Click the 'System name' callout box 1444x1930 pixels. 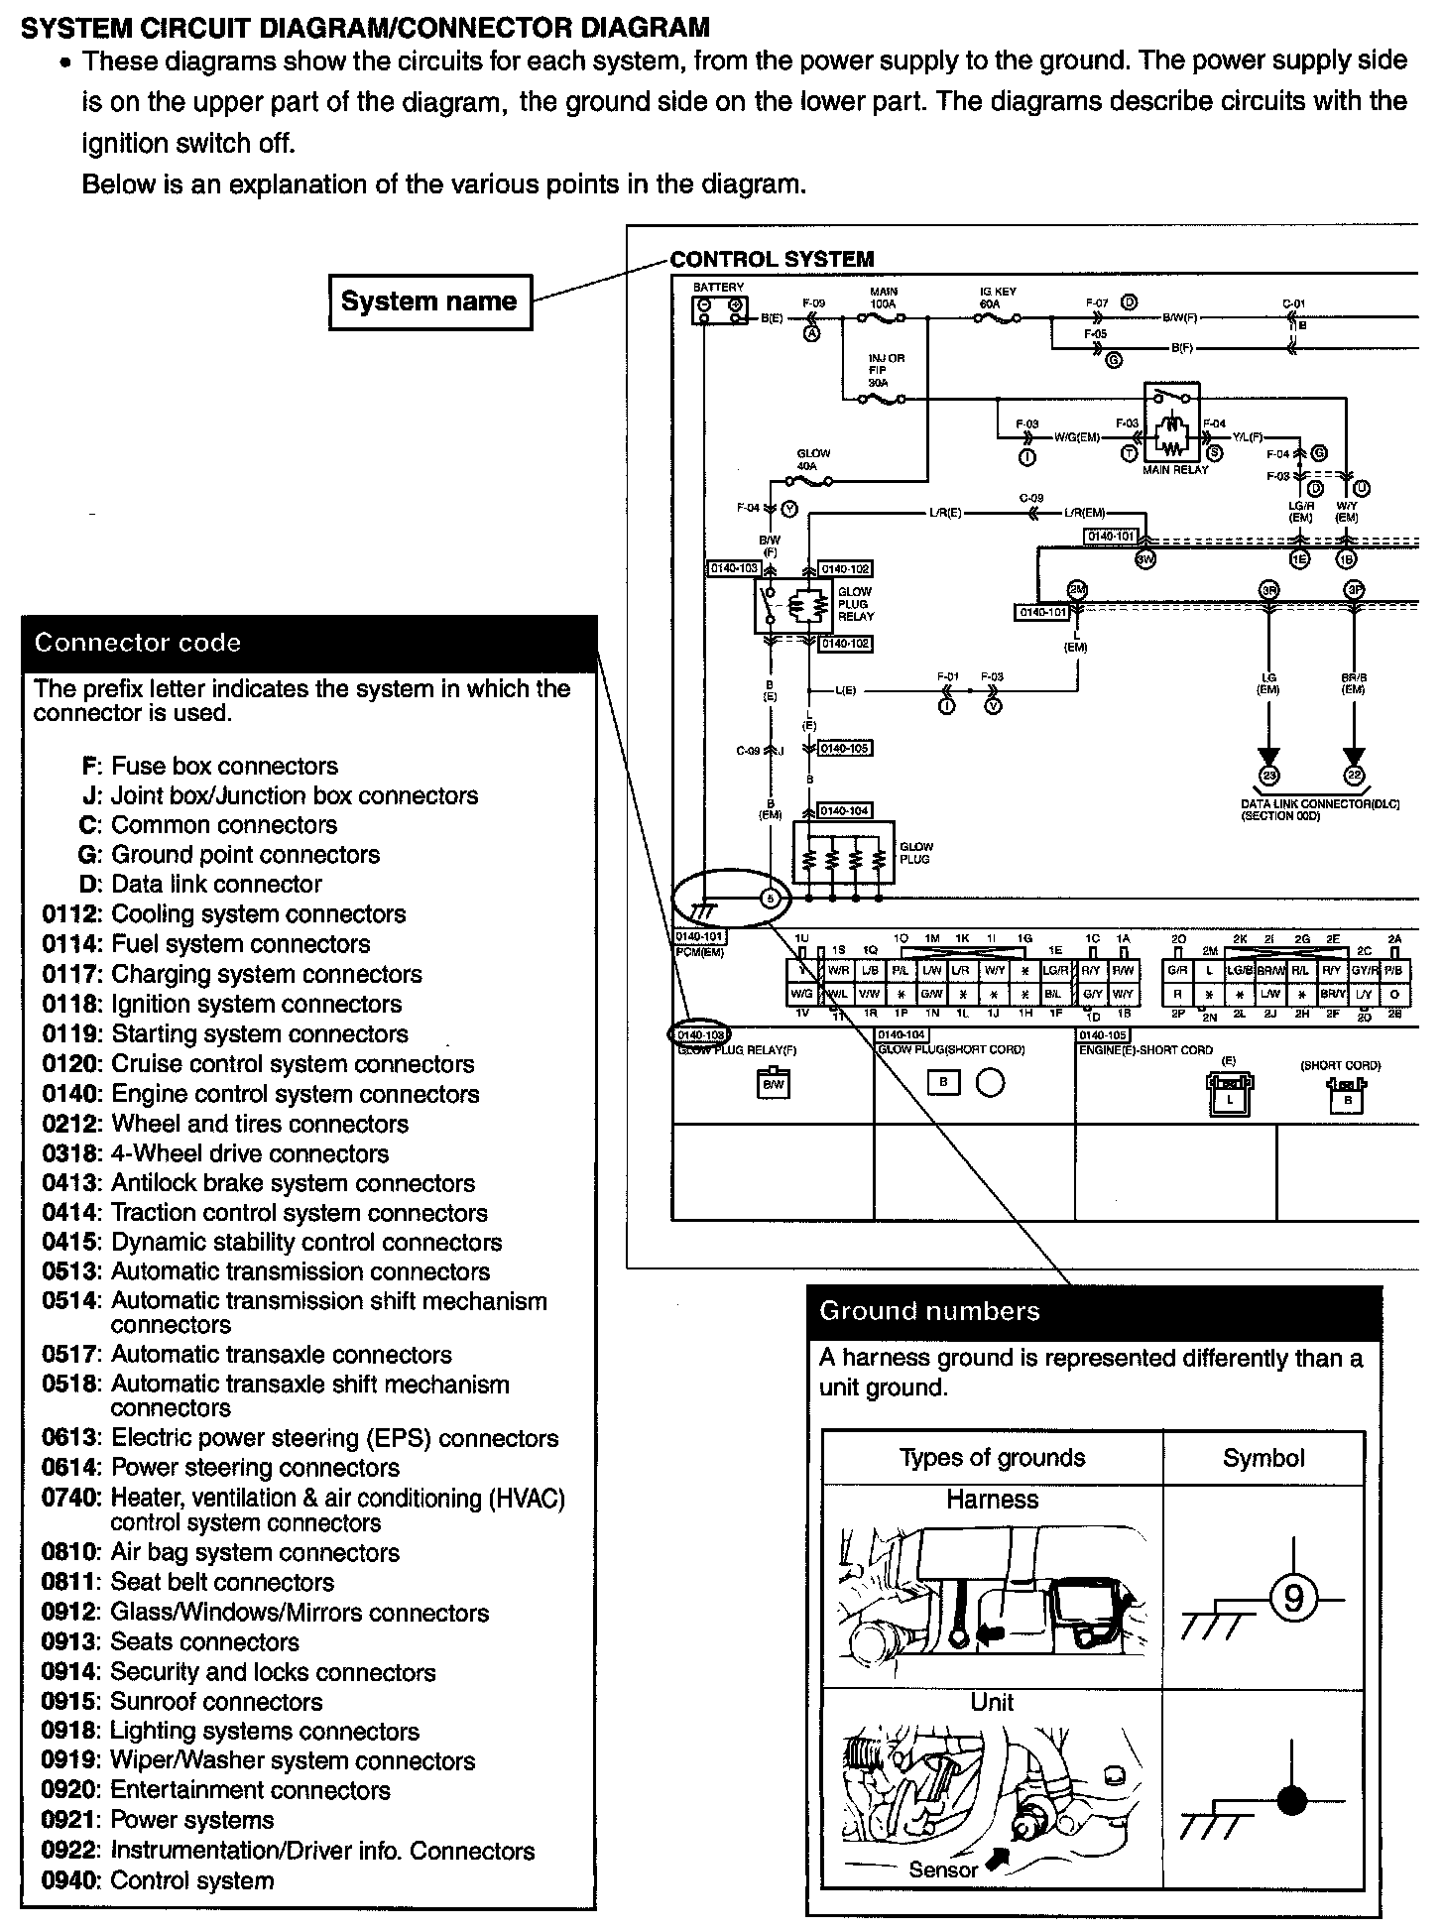click(x=429, y=302)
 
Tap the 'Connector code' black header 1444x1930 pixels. click(x=308, y=643)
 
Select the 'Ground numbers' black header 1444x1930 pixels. click(x=1094, y=1311)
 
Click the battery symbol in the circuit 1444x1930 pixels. click(x=719, y=310)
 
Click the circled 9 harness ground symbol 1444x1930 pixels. click(x=1293, y=1599)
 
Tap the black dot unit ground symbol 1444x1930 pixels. click(x=1292, y=1801)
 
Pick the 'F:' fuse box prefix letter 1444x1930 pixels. click(x=91, y=767)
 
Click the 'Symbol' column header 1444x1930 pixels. click(x=1263, y=1458)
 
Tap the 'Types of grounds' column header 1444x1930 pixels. click(x=992, y=1458)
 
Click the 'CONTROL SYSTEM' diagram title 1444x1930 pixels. click(x=773, y=260)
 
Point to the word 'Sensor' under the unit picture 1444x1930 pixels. click(x=943, y=1870)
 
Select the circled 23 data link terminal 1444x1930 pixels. click(x=1267, y=776)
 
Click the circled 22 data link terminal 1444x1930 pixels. click(x=1354, y=776)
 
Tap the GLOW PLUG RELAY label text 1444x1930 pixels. click(x=854, y=604)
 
